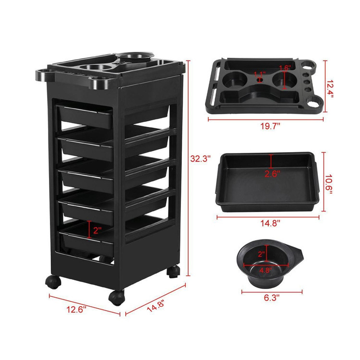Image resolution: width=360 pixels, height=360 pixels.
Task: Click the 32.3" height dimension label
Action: click(200, 158)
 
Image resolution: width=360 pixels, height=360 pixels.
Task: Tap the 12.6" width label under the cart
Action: click(76, 309)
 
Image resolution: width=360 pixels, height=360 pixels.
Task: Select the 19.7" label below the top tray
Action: click(270, 126)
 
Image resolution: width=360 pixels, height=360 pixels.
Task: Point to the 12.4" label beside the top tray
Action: click(329, 89)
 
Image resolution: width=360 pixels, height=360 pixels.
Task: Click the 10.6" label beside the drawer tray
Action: click(329, 184)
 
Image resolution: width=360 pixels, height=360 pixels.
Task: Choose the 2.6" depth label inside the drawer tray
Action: click(272, 174)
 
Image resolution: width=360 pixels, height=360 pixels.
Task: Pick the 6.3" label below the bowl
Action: click(272, 298)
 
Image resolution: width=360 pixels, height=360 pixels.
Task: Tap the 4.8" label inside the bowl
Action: click(265, 270)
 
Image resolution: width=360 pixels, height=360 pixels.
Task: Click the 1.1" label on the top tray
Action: click(260, 74)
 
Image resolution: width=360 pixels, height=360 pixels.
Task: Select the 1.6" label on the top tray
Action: click(285, 68)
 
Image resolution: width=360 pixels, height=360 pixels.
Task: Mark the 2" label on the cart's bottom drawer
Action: click(97, 230)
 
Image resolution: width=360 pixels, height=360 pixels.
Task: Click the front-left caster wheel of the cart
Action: click(53, 282)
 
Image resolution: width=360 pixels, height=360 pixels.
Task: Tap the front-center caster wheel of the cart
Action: click(117, 298)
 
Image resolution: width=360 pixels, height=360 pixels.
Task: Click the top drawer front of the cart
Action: click(85, 117)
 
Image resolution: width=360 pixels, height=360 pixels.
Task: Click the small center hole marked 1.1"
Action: click(260, 80)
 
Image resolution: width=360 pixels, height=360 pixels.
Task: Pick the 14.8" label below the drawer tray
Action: click(270, 223)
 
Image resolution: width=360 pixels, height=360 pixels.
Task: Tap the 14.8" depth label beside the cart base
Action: click(156, 305)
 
